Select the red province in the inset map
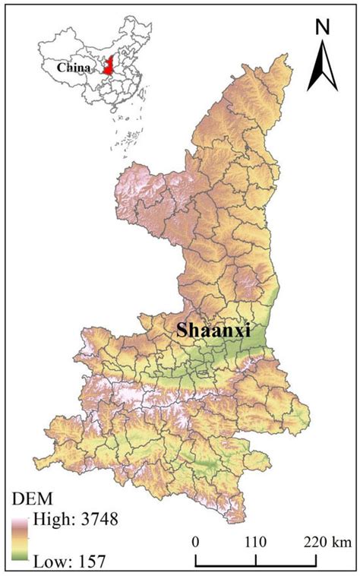pyautogui.click(x=109, y=67)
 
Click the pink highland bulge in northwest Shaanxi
pyautogui.click(x=144, y=194)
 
